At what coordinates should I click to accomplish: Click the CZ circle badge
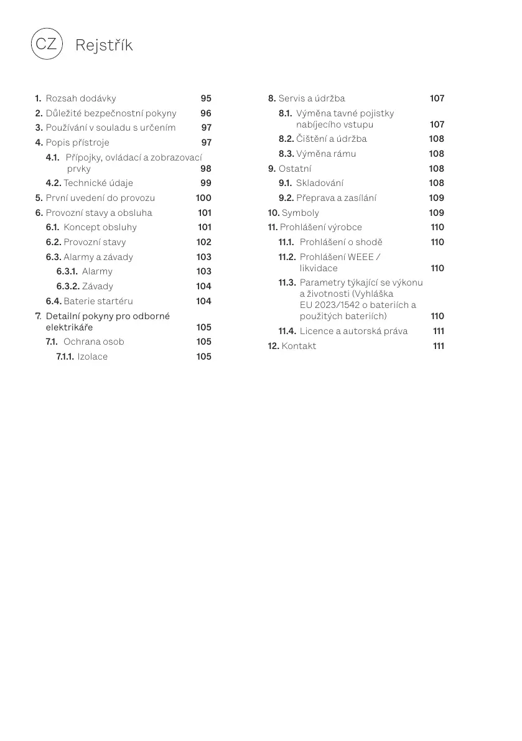point(46,44)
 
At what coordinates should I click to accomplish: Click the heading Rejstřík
point(103,45)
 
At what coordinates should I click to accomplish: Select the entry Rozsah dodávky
point(80,98)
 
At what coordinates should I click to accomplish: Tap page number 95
point(206,98)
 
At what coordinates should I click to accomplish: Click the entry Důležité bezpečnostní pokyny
point(111,113)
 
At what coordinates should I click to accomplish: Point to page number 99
point(206,183)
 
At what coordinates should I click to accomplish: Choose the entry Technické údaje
point(98,183)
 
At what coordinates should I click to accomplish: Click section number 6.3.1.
point(67,271)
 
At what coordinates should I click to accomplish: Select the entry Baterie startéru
point(98,301)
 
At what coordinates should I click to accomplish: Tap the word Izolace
point(92,357)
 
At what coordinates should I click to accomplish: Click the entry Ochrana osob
point(93,342)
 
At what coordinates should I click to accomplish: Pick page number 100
point(203,198)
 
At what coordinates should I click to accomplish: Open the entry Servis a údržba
point(311,98)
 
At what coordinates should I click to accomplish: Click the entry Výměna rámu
point(326,154)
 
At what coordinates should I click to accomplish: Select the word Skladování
point(319,183)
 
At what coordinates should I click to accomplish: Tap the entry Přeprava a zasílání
point(336,198)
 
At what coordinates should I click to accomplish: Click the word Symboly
point(300,213)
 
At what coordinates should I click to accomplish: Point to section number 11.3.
point(287,282)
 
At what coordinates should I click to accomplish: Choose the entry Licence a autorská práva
point(353,331)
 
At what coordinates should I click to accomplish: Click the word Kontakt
point(299,346)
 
